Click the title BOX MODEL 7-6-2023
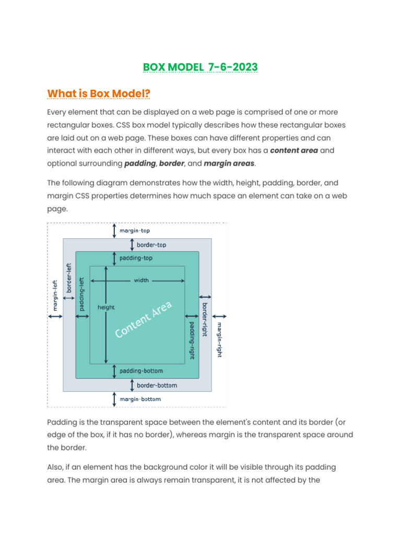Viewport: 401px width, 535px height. pyautogui.click(x=200, y=67)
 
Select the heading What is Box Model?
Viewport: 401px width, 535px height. pyautogui.click(x=99, y=94)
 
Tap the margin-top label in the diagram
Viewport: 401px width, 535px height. pyautogui.click(x=135, y=230)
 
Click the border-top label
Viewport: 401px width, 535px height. pyautogui.click(x=151, y=244)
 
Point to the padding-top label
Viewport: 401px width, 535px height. pyautogui.click(x=136, y=258)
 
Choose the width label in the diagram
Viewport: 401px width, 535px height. pyautogui.click(x=141, y=281)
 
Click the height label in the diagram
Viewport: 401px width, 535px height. pyautogui.click(x=106, y=308)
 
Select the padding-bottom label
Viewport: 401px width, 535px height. pyautogui.click(x=141, y=371)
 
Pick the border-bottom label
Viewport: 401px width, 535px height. pyautogui.click(x=157, y=386)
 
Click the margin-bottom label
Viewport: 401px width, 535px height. pyautogui.click(x=140, y=399)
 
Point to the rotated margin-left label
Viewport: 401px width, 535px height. pyautogui.click(x=54, y=295)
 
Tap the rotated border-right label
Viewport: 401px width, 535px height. pyautogui.click(x=205, y=319)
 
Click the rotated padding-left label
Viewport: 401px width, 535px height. pyautogui.click(x=81, y=294)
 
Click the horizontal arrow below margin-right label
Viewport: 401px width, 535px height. pyautogui.click(x=220, y=316)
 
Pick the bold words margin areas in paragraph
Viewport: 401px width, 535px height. pyautogui.click(x=229, y=164)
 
